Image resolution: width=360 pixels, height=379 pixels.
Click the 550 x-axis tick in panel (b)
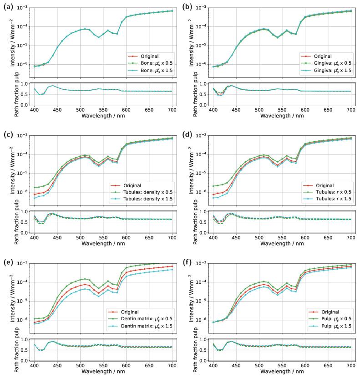[283, 110]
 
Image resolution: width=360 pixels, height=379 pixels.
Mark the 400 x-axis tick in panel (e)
[34, 366]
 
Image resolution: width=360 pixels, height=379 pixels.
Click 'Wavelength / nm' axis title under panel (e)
[103, 373]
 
